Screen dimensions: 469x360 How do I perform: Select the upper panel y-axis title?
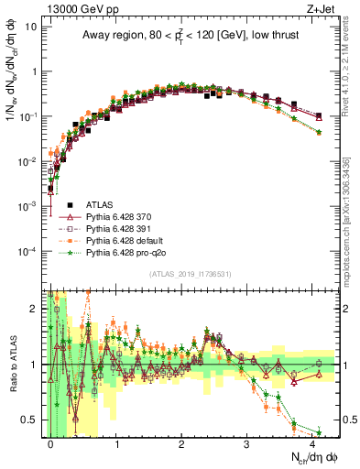(x=12, y=101)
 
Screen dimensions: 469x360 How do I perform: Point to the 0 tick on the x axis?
(x=51, y=443)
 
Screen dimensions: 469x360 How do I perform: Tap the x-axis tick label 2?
(x=181, y=443)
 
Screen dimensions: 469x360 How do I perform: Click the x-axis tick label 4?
(x=312, y=443)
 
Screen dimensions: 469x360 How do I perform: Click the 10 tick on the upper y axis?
(x=35, y=27)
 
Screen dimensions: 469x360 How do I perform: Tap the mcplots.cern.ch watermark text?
(x=354, y=229)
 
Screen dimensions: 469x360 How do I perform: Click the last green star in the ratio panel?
(x=319, y=432)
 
